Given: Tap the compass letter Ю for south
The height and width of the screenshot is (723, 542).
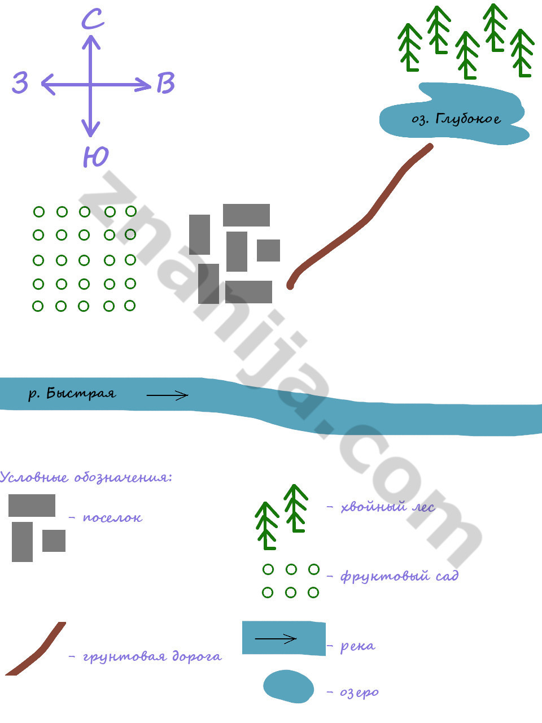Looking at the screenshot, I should (95, 156).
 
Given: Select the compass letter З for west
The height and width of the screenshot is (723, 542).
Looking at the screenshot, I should (20, 83).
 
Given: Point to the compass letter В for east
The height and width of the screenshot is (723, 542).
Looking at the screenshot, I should (165, 83).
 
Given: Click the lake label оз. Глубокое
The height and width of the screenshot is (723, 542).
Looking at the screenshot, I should (456, 119).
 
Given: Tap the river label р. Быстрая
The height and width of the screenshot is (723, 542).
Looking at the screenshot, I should (72, 394).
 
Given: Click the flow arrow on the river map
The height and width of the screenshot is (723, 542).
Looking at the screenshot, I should (167, 395).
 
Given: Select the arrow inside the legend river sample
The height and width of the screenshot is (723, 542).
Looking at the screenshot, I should (276, 639).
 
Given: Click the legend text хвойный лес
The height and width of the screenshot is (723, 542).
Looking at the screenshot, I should (388, 507).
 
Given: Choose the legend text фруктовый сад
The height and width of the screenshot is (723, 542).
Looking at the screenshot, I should (399, 576).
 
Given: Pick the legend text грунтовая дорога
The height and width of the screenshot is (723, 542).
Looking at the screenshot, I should (152, 656).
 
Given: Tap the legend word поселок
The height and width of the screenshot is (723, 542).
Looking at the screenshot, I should (112, 517).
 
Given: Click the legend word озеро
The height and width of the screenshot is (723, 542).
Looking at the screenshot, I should (359, 692).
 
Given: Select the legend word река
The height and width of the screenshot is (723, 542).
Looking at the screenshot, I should (357, 646).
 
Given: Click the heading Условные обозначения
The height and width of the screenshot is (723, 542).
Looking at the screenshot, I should (86, 477).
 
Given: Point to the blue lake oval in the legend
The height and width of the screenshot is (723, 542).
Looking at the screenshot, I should (289, 686).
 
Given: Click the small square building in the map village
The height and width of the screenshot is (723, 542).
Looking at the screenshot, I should (268, 250).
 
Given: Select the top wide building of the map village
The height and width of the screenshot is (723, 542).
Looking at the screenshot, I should (246, 215).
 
